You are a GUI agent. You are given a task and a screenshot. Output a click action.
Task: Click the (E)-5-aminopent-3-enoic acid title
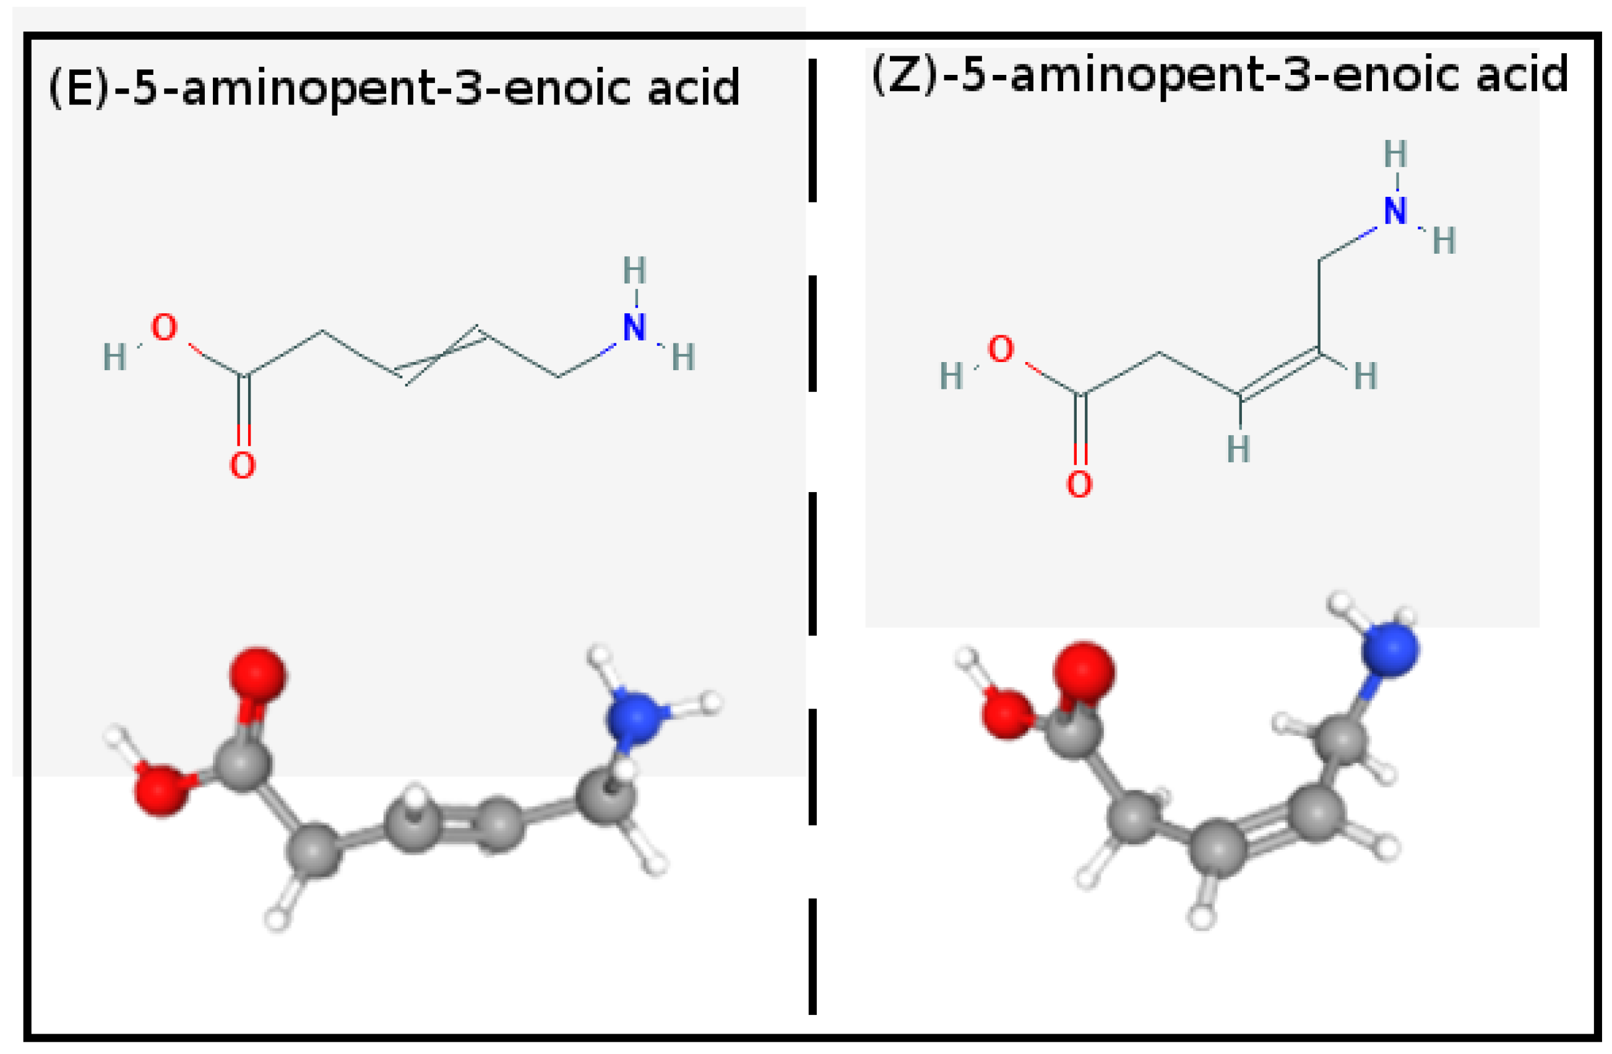(394, 89)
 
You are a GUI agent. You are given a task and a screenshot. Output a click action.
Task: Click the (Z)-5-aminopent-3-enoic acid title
(1219, 75)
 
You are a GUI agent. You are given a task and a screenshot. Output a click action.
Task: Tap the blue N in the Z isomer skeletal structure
(1395, 210)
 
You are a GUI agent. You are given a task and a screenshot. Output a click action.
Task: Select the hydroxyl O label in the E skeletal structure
(164, 329)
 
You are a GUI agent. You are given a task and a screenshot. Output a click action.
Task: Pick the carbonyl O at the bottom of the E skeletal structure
(243, 465)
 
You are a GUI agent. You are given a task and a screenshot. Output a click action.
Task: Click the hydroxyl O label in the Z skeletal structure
(1001, 350)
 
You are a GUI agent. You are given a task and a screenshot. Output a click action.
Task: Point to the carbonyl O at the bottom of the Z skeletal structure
(1079, 485)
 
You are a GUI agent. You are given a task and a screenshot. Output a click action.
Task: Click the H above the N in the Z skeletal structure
(1395, 155)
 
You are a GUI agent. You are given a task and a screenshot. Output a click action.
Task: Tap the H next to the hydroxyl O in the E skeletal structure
(114, 357)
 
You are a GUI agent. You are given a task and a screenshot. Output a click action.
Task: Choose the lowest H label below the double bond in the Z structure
(1239, 449)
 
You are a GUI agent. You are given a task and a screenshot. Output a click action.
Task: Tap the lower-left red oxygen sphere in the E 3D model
(161, 790)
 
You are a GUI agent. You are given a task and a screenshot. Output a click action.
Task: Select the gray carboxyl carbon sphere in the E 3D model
(243, 764)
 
